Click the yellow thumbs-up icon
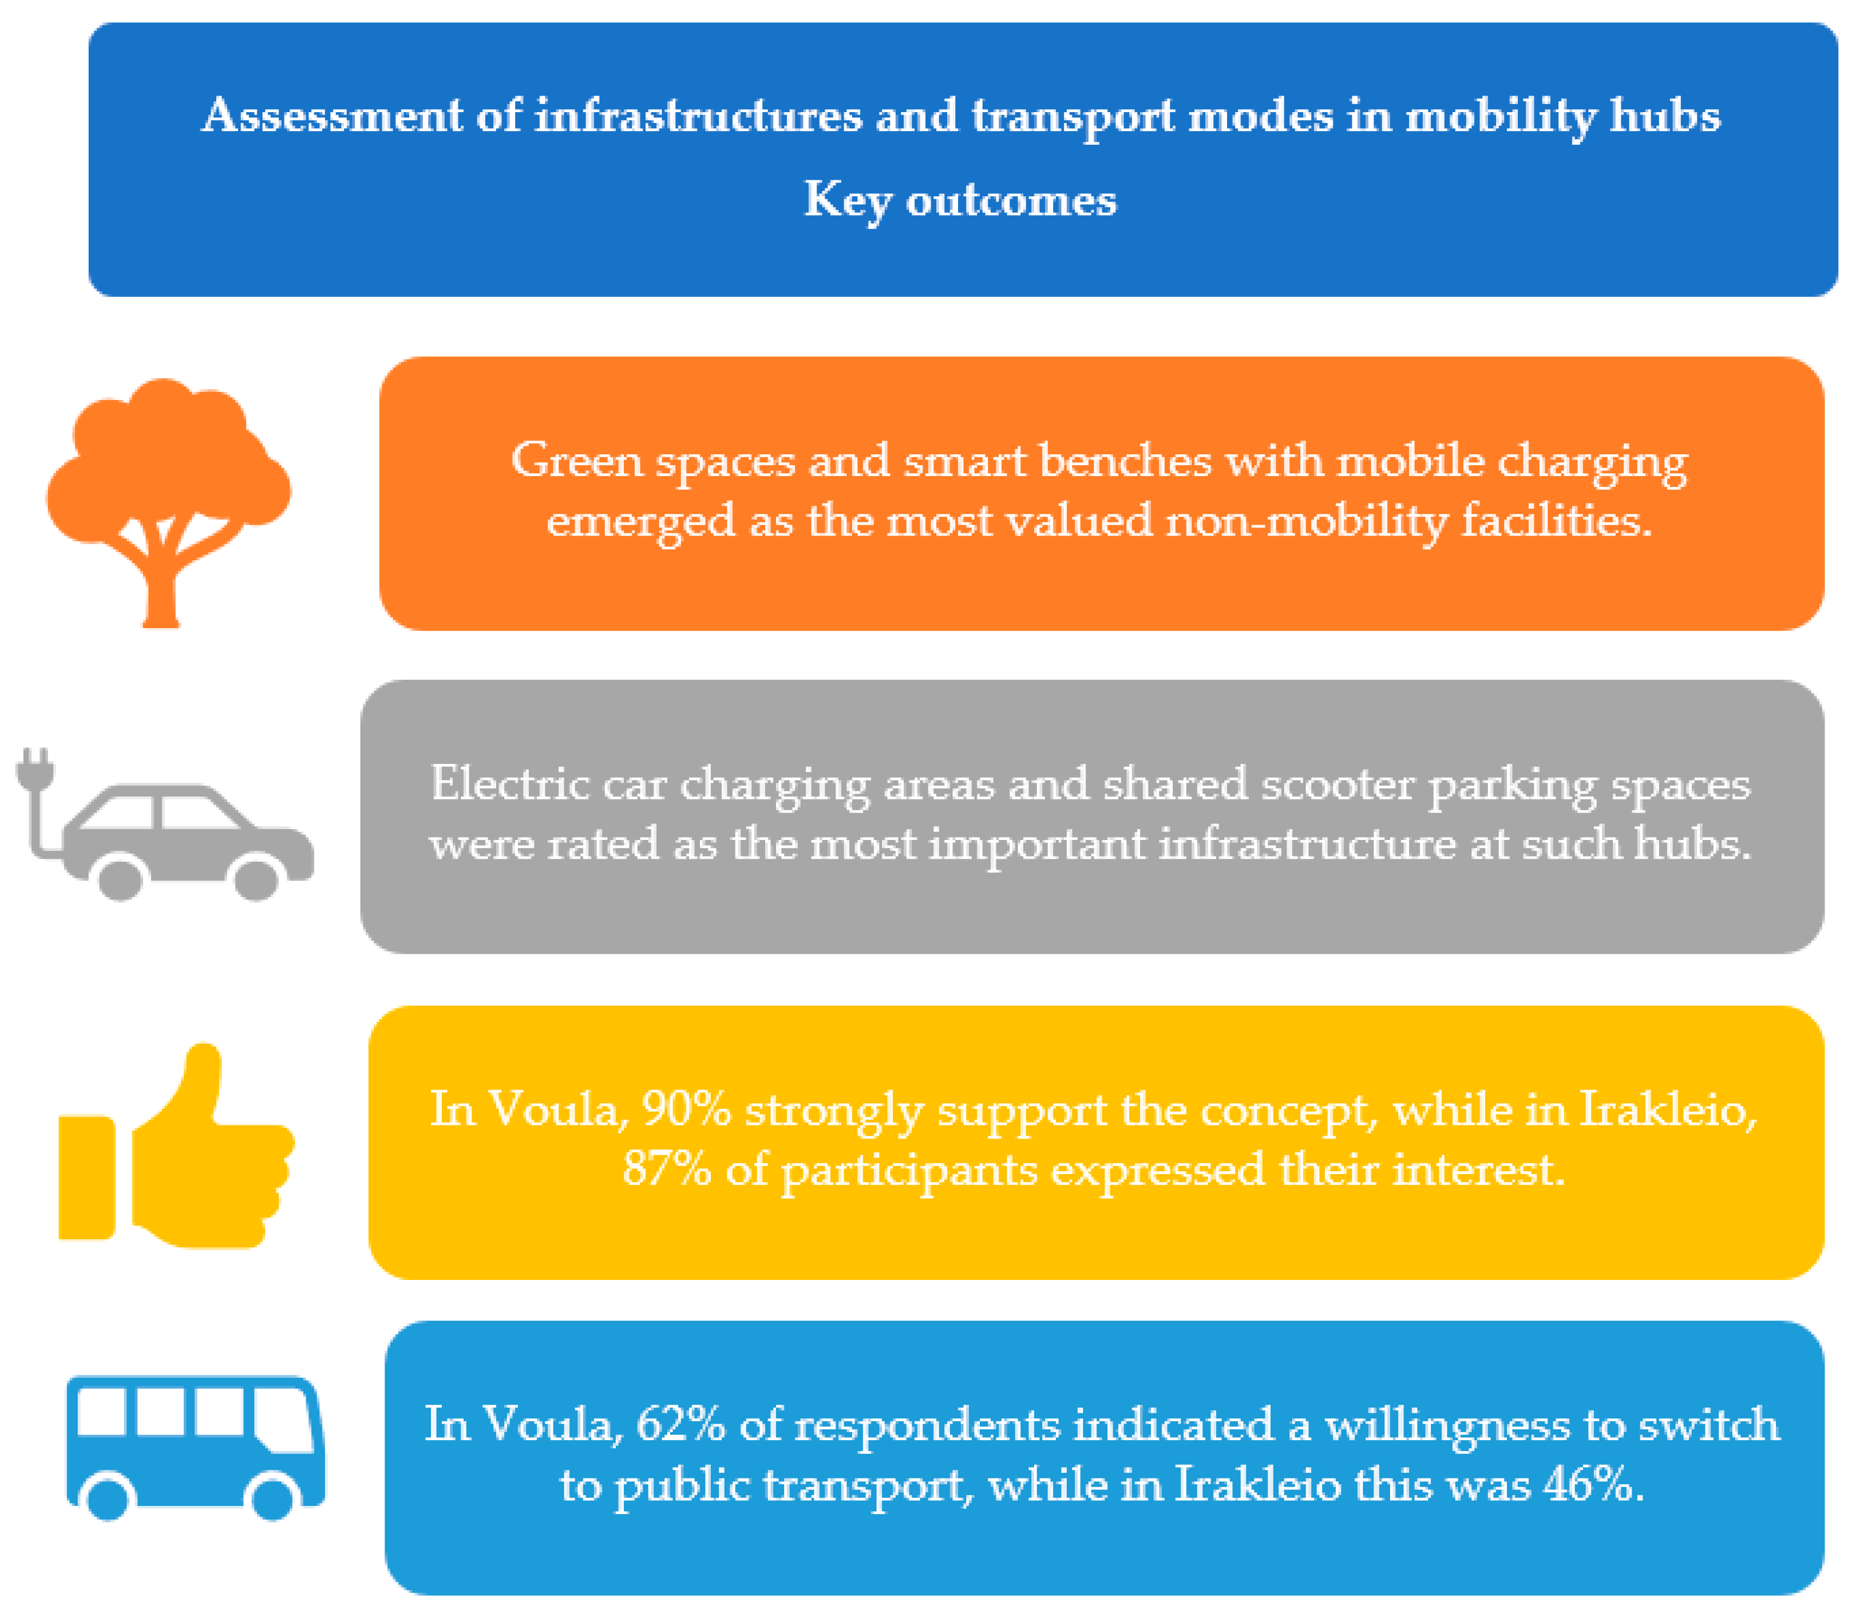[176, 1145]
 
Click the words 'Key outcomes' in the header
[960, 200]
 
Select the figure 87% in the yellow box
[666, 1169]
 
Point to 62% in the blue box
[680, 1425]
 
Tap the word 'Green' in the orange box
[576, 461]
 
